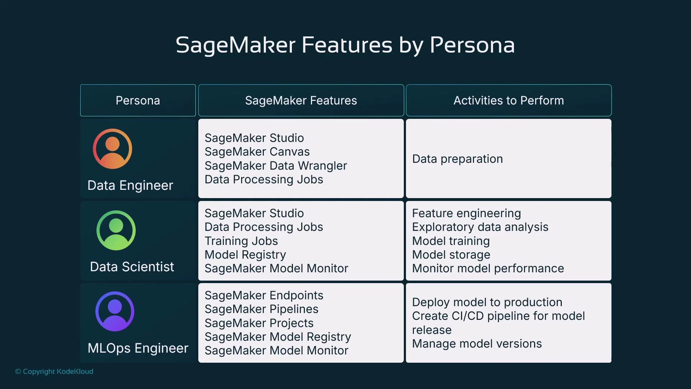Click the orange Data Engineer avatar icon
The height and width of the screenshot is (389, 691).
pyautogui.click(x=112, y=149)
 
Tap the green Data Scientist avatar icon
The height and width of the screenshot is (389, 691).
pyautogui.click(x=116, y=231)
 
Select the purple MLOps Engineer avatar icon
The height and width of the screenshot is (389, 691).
pyautogui.click(x=115, y=312)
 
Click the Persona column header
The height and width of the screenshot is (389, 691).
pyautogui.click(x=138, y=100)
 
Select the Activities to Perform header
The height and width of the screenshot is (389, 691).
pyautogui.click(x=509, y=100)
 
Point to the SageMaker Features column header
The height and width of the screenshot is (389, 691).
pyautogui.click(x=301, y=100)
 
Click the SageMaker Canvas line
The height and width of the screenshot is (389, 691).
pyautogui.click(x=257, y=152)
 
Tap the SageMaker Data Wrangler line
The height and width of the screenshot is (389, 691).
pyautogui.click(x=276, y=166)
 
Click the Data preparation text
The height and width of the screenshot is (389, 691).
pyautogui.click(x=457, y=159)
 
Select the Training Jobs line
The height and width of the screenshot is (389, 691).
pyautogui.click(x=241, y=241)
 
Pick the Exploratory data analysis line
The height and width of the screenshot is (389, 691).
pyautogui.click(x=480, y=227)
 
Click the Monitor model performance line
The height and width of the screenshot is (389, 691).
pyautogui.click(x=488, y=268)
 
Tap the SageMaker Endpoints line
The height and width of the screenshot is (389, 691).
pyautogui.click(x=264, y=295)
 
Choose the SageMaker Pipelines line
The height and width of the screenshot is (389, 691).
pyautogui.click(x=261, y=309)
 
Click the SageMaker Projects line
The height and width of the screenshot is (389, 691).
pyautogui.click(x=259, y=323)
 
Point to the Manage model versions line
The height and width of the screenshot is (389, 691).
pyautogui.click(x=477, y=344)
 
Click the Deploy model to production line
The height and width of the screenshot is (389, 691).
pyautogui.click(x=487, y=302)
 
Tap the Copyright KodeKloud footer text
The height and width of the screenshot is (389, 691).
pyautogui.click(x=54, y=371)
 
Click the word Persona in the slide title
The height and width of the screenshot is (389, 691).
pyautogui.click(x=472, y=45)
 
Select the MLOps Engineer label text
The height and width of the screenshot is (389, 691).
pyautogui.click(x=138, y=348)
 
